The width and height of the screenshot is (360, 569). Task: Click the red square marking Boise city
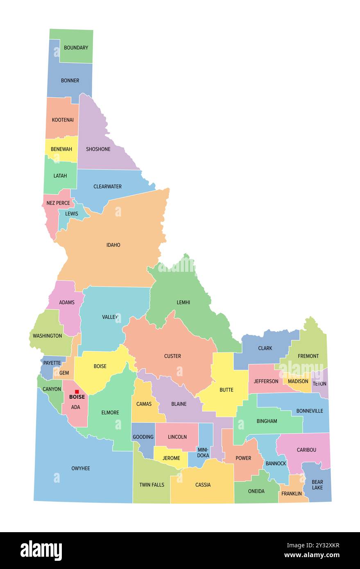pos(77,392)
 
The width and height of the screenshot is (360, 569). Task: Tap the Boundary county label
pos(76,47)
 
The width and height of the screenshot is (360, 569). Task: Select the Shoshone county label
pos(98,149)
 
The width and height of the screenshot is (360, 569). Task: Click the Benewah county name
pos(61,149)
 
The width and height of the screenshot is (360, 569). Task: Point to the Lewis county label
pos(71,214)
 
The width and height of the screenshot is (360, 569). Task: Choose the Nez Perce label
pos(58,203)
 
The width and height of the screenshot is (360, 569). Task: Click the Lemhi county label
pos(183,303)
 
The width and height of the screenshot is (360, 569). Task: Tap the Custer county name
pos(172,356)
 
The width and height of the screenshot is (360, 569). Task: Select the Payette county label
pos(52,363)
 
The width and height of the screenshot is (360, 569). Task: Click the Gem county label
pos(64,373)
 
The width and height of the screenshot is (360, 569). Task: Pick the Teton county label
pos(319,384)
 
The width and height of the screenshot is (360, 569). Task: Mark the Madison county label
pos(298,381)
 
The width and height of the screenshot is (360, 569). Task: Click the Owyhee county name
pos(81,468)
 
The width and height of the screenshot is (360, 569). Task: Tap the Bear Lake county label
pos(317,485)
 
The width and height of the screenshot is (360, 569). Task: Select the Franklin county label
pos(292,494)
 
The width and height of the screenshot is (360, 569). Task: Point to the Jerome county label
pos(171,458)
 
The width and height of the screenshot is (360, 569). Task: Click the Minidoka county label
pos(203,452)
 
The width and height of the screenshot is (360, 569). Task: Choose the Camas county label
pos(144,404)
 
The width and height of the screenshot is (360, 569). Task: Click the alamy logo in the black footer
pos(41,551)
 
